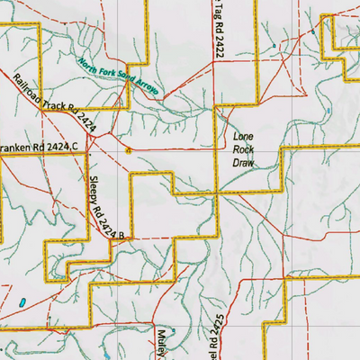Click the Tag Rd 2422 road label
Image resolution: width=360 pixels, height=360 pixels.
tap(217, 29)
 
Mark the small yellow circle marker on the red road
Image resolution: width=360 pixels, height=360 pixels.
tap(128, 150)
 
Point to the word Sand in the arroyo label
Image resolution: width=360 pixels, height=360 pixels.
tap(125, 81)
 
